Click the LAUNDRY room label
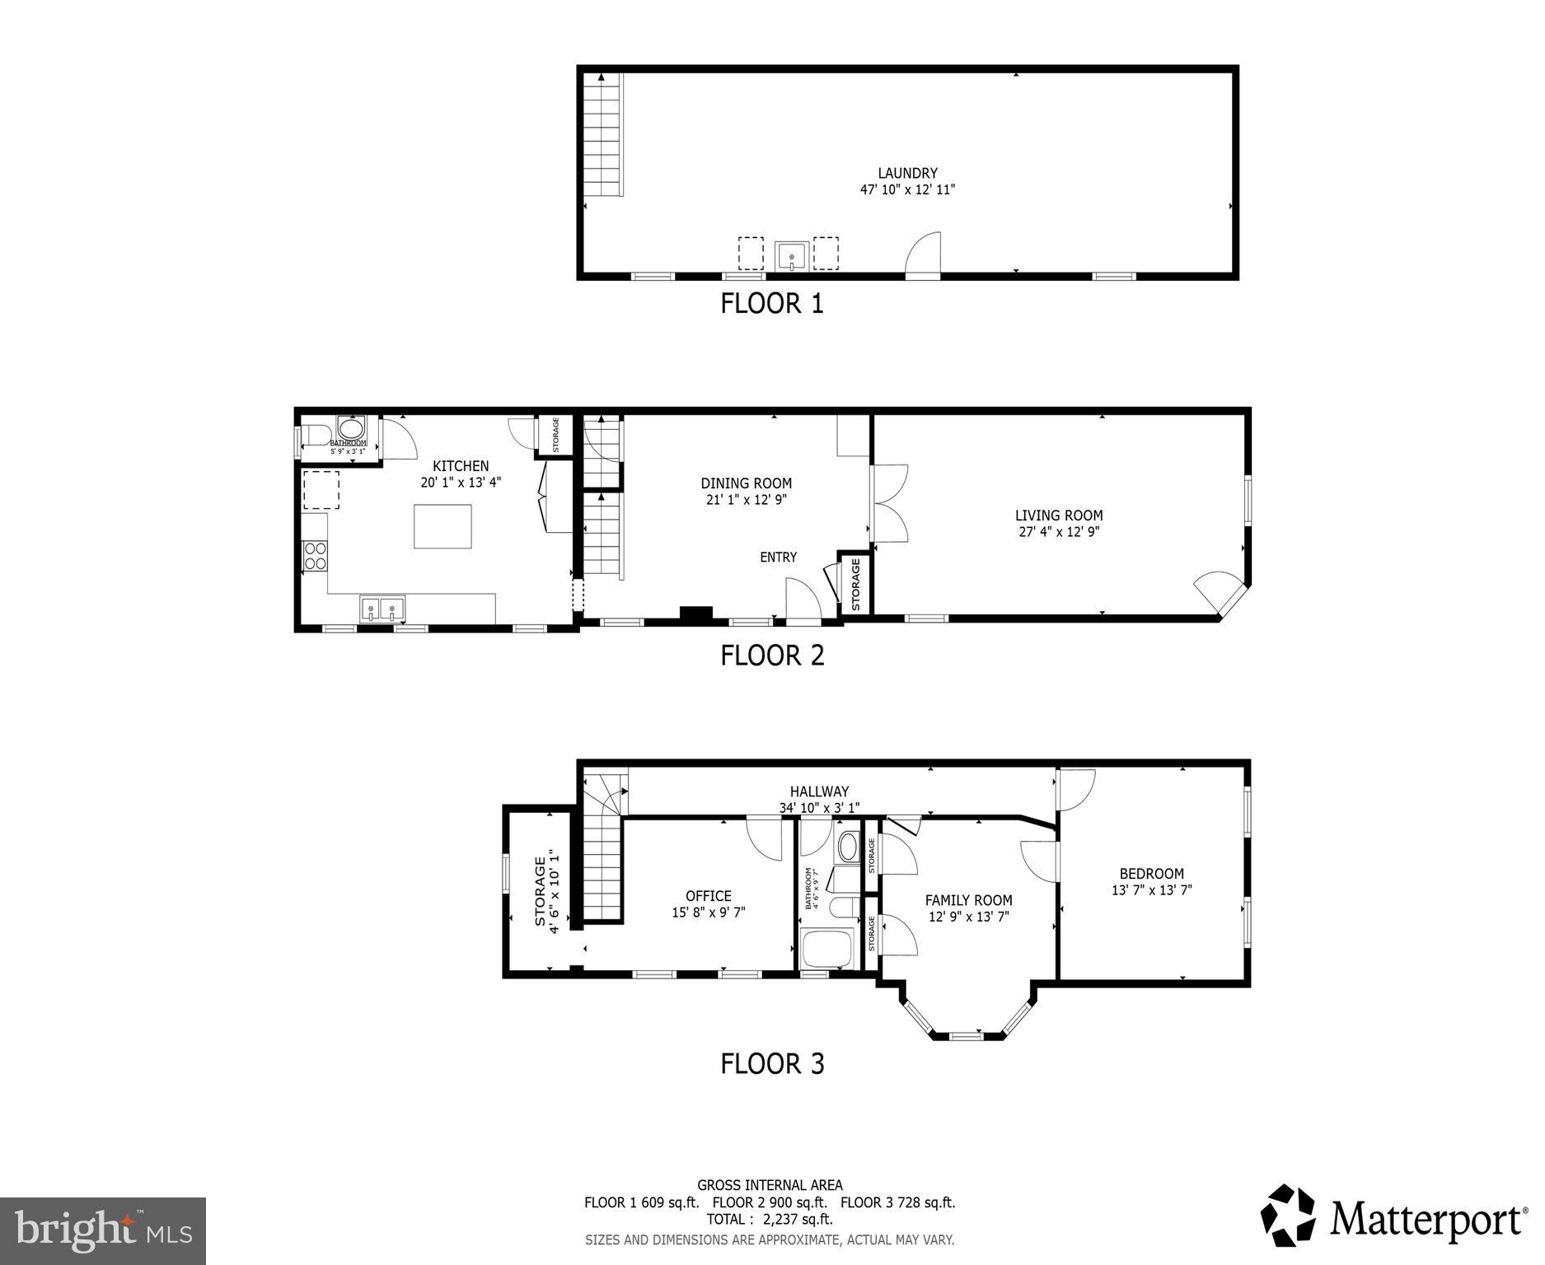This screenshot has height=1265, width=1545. coord(907,173)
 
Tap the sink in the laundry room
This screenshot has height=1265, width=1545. coord(791,255)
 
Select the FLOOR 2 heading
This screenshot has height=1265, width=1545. coord(772,656)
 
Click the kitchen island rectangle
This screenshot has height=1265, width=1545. coord(443,526)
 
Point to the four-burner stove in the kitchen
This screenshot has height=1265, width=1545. coord(314,556)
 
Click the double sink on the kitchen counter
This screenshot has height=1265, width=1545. coord(382,609)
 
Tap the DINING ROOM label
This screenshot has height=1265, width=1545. coord(746,483)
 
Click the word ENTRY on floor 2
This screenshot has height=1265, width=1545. coord(778,558)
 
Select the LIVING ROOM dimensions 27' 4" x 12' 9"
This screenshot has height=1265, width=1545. coord(1059,532)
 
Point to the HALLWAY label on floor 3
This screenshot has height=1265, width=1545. coord(819,791)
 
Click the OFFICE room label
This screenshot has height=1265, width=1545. coord(708,896)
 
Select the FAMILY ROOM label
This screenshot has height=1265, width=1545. coord(968,900)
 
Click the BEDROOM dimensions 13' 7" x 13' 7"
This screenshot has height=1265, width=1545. coord(1151,890)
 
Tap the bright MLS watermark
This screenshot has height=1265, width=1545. coord(103,1230)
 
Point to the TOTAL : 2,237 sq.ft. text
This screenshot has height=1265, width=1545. coord(769,1220)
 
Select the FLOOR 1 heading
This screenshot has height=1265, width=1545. coord(772,304)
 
